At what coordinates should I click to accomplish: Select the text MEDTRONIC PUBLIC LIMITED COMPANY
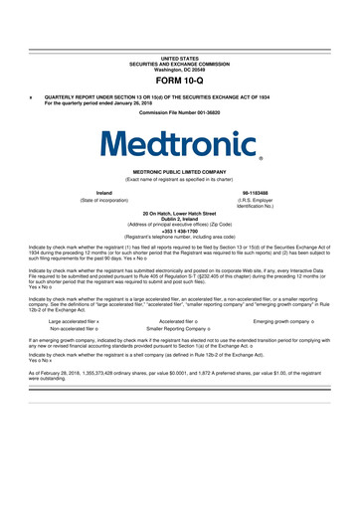click(179, 171)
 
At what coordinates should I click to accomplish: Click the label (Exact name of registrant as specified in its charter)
click(179, 179)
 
